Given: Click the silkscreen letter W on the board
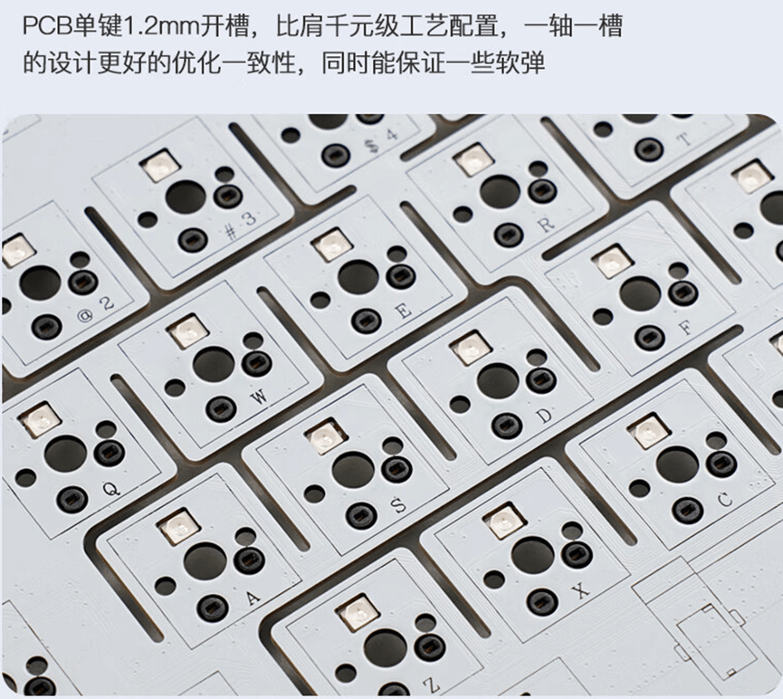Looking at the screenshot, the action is point(260,397).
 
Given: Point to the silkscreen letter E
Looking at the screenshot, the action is point(404,311).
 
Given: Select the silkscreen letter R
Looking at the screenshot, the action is point(547,225).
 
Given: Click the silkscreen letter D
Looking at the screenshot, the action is point(545,416).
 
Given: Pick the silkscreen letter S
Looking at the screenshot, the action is point(398,505).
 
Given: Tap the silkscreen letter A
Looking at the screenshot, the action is point(253,597).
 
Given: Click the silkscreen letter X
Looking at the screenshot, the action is point(581,590).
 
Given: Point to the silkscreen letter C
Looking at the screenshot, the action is point(724,500).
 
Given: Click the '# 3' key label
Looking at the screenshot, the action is point(241,225).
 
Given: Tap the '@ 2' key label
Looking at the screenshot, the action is point(96,310).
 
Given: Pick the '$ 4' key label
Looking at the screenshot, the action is point(382,140).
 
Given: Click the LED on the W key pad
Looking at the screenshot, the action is point(187,330).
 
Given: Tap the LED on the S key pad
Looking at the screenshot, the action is point(327,436).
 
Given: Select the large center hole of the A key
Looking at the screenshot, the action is point(205,561).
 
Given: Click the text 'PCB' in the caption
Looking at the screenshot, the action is point(47,25).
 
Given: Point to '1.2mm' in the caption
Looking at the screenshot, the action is point(160,25).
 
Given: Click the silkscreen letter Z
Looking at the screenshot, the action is point(432,684).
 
